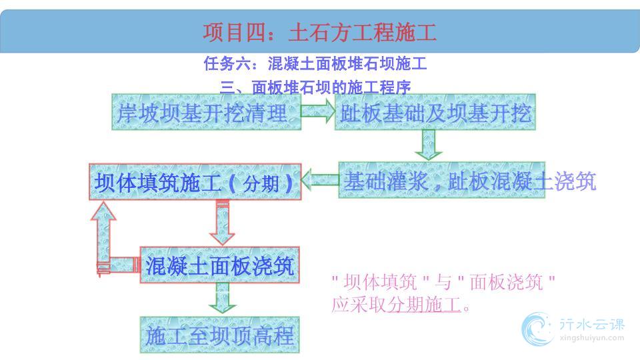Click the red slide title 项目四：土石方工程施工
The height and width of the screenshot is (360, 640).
[x=319, y=32]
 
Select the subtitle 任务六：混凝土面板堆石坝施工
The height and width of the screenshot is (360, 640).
[x=315, y=64]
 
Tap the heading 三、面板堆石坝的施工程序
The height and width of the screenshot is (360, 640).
[x=315, y=87]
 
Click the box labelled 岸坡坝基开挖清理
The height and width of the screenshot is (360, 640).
[x=207, y=112]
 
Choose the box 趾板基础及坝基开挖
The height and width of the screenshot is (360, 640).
[x=435, y=112]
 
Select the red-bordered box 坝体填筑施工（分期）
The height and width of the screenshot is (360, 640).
[x=195, y=182]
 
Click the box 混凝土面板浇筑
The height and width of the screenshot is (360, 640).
[x=219, y=265]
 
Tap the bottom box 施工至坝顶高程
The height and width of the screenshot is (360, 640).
[x=219, y=335]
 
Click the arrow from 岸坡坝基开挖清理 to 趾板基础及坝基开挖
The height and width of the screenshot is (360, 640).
[x=318, y=111]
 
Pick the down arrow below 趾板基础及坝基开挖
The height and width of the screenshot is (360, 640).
[x=428, y=145]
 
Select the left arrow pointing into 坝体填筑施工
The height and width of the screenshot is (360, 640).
[x=320, y=180]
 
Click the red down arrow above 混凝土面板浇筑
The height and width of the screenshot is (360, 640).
[x=222, y=223]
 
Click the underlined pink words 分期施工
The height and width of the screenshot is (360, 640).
[x=424, y=304]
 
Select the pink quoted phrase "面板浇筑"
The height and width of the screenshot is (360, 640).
[x=506, y=282]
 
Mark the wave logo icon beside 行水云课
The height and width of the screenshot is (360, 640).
[x=537, y=329]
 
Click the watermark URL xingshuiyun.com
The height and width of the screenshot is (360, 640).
[x=592, y=338]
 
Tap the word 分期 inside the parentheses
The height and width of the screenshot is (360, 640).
[x=261, y=183]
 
